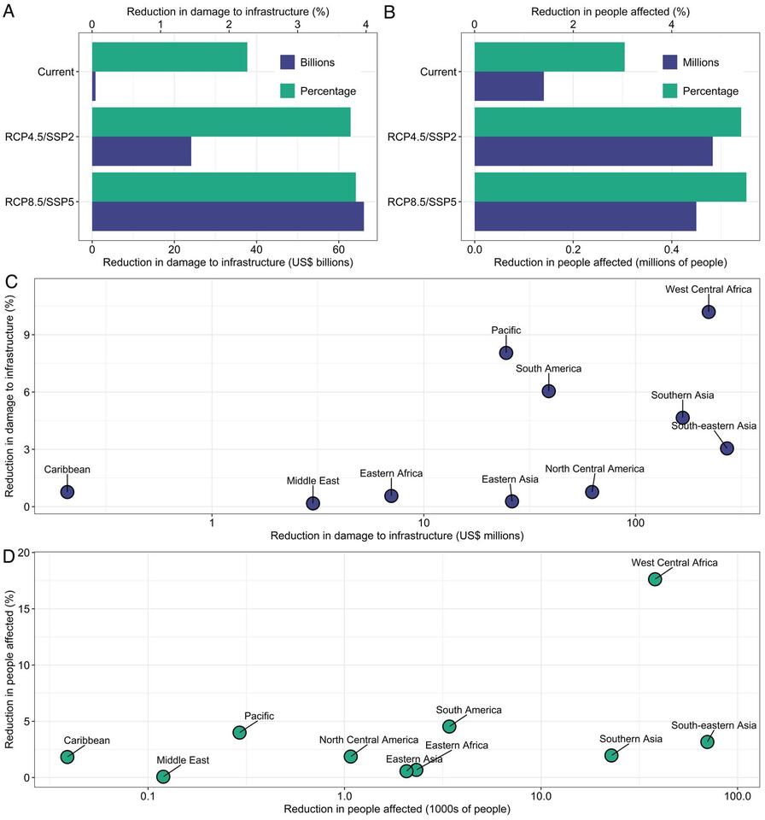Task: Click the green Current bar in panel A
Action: [169, 57]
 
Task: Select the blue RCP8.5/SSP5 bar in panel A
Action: [227, 216]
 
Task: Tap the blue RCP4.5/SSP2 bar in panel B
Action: [593, 151]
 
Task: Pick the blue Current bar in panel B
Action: [509, 86]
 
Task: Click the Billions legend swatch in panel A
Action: [288, 61]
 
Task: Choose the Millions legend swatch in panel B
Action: [669, 61]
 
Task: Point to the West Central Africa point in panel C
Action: [709, 312]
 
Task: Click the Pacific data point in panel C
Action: [506, 353]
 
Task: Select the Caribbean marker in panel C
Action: [67, 492]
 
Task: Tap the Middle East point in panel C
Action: [313, 504]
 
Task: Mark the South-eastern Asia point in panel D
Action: [707, 741]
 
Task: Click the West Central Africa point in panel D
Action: [655, 579]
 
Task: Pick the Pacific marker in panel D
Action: [240, 733]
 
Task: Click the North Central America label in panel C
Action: [594, 468]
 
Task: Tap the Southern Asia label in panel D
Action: [630, 739]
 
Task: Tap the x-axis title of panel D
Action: [397, 809]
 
